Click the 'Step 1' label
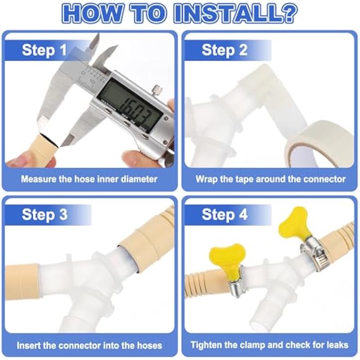[x=44, y=50]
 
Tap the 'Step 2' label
[x=224, y=50]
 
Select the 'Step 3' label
[x=45, y=214]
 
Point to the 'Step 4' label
[x=225, y=214]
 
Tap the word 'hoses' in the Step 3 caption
[x=149, y=345]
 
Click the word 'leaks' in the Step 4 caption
[x=337, y=345]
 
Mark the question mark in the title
[x=291, y=13]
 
